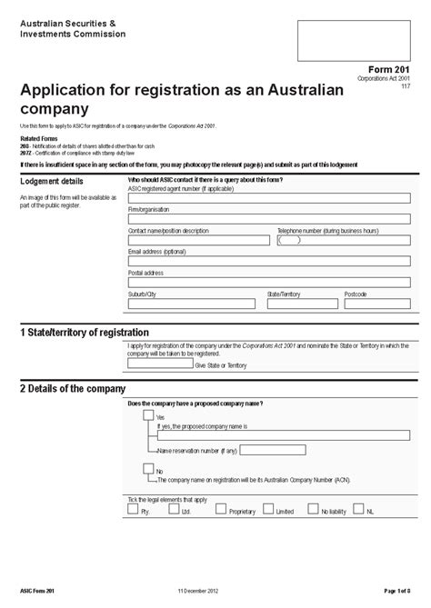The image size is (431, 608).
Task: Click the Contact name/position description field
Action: [x=199, y=241]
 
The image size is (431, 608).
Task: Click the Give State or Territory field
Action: [x=159, y=364]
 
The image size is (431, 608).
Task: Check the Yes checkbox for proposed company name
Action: [x=148, y=415]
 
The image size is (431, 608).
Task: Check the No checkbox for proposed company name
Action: [x=148, y=469]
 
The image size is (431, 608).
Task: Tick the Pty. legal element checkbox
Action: [x=134, y=513]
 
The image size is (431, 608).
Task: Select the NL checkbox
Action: [x=361, y=513]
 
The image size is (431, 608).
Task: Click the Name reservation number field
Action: [x=273, y=450]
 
